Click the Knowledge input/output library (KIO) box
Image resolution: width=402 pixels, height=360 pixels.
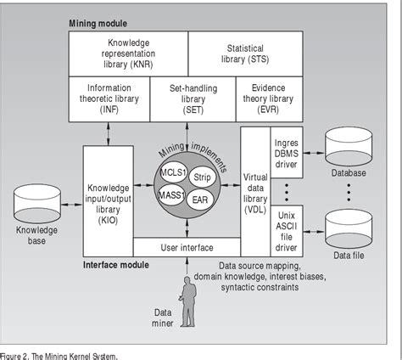point(109,197)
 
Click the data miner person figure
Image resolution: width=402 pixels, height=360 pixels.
point(187,301)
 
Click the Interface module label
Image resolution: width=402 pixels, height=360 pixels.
point(115,265)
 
